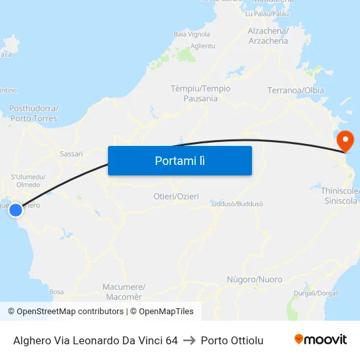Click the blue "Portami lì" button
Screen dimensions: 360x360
tap(179, 160)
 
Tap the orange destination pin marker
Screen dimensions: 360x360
tap(344, 140)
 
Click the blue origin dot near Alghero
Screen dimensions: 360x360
tap(16, 210)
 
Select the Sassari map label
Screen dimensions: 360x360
tap(71, 154)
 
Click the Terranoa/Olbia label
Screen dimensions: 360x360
tap(296, 90)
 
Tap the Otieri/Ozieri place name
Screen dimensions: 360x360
tap(176, 196)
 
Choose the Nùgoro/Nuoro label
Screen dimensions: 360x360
tap(254, 279)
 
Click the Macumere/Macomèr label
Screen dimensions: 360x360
tap(124, 291)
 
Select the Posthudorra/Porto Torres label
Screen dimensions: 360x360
tap(33, 113)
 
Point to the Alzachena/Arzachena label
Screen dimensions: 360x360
tap(268, 36)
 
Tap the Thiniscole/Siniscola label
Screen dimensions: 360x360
tap(340, 196)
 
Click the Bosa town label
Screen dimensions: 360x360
tap(56, 292)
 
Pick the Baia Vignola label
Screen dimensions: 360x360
tap(191, 34)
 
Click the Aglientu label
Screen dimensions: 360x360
tap(202, 46)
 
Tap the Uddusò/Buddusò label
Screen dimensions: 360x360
tap(238, 204)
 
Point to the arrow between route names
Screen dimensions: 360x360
tap(189, 340)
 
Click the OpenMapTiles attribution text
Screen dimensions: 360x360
tap(162, 312)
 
